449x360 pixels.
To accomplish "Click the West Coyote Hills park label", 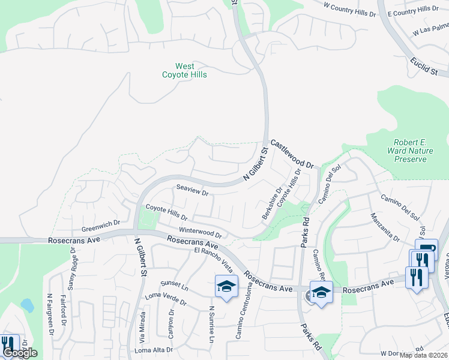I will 184,70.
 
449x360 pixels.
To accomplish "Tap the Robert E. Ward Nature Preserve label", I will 406,151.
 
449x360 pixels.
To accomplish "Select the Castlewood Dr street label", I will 292,154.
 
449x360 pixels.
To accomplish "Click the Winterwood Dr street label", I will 200,232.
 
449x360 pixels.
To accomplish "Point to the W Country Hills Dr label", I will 349,9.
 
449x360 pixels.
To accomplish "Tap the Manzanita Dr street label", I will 385,227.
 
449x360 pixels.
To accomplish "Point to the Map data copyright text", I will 423,355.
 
